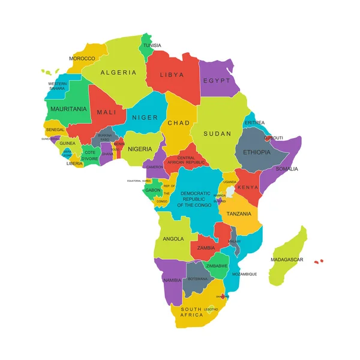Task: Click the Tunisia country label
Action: point(152,45)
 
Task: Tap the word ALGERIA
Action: point(118,73)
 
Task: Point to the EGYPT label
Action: point(217,80)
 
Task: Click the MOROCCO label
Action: point(82,58)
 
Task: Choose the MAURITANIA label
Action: point(69,109)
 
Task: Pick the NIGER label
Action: point(145,118)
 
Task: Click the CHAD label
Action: point(178,123)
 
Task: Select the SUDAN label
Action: point(217,133)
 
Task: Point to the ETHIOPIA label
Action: point(256,152)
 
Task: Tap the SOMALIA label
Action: point(286,169)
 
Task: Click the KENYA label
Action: point(248,187)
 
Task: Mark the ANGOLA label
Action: point(173,238)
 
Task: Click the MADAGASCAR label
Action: point(287,260)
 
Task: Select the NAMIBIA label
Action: point(172,280)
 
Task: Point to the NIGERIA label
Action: point(140,149)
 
